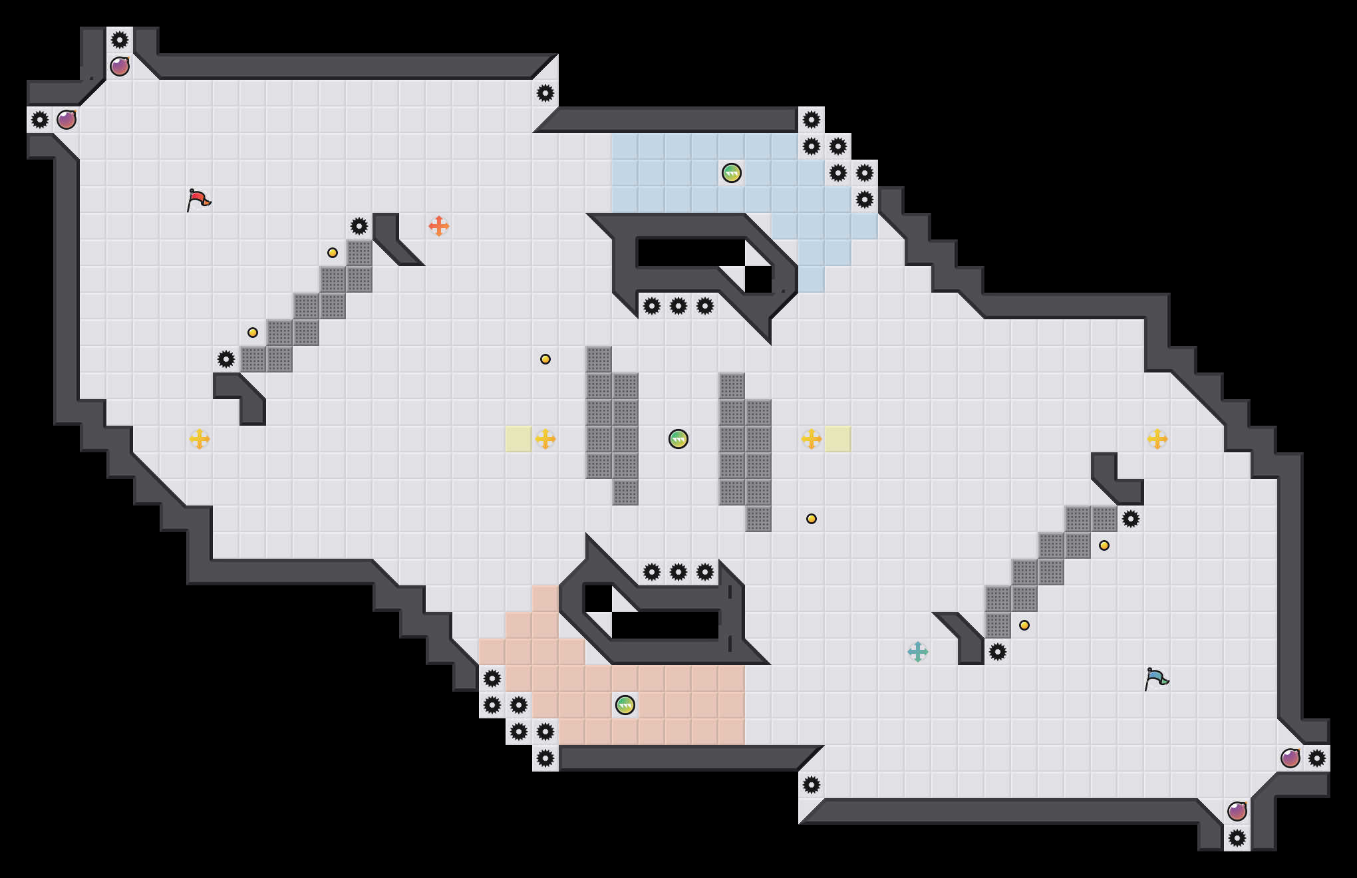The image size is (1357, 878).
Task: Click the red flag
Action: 198,199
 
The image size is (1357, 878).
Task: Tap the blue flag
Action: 1156,678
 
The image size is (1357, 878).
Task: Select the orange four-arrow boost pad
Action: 439,226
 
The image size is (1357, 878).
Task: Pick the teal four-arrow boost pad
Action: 918,652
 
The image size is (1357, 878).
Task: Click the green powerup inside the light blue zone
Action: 732,173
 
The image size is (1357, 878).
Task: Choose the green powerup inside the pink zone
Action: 625,705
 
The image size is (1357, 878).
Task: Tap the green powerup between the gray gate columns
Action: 678,439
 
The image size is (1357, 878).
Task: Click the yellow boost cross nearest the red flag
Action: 200,439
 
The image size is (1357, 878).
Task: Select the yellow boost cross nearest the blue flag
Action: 1157,439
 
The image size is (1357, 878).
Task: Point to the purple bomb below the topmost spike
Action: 120,67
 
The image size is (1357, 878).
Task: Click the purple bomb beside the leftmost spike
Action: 67,120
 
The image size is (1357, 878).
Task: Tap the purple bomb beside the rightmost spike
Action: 1290,758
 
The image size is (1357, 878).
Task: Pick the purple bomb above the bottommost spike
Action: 1237,811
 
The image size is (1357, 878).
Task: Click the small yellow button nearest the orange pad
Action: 333,253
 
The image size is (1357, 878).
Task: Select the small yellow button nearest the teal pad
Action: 1024,625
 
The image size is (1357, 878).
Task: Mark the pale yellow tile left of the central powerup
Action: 519,439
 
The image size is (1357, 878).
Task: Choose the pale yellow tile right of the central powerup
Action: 838,439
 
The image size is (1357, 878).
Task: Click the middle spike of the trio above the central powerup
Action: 678,306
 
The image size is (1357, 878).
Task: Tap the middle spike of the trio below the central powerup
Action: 678,572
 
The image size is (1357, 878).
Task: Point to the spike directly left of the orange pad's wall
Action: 359,226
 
